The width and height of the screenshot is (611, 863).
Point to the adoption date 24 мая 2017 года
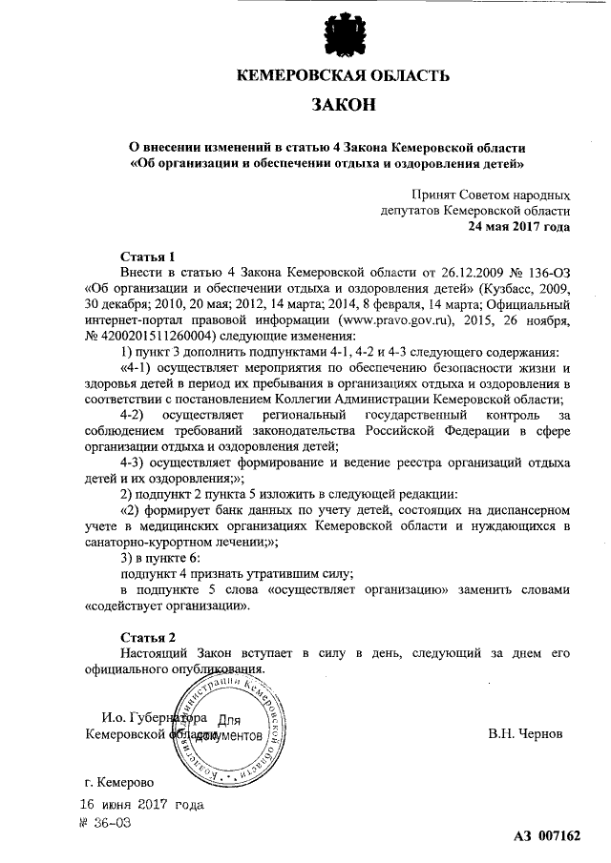[x=518, y=226]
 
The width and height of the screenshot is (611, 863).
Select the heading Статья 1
[x=147, y=257]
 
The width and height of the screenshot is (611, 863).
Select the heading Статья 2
[x=147, y=636]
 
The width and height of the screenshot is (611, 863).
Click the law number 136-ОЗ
[x=547, y=273]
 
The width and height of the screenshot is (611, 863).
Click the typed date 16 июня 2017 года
[x=142, y=805]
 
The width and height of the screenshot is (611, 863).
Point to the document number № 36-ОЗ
[x=105, y=822]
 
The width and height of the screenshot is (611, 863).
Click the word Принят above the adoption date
[x=435, y=195]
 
